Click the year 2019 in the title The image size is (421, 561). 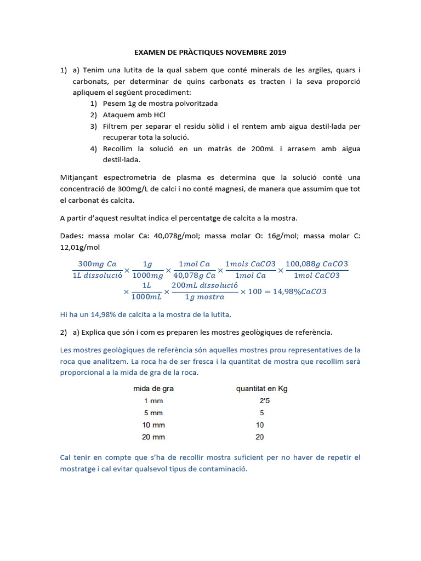[277, 53]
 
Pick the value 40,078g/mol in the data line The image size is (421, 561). [186, 236]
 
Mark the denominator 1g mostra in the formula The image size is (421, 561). [204, 297]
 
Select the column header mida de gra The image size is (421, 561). [153, 389]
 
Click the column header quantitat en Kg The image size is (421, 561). [261, 389]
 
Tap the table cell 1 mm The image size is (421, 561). [153, 401]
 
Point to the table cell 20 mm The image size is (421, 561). [153, 437]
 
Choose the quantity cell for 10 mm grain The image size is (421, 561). [259, 425]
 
